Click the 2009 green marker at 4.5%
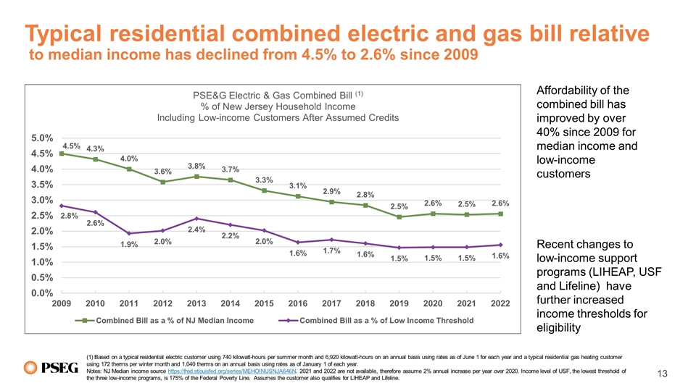point(62,154)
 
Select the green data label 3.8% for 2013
point(197,166)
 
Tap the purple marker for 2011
point(129,233)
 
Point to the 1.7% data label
point(331,251)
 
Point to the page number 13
point(661,373)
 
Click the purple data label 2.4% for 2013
point(197,230)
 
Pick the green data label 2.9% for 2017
point(331,191)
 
